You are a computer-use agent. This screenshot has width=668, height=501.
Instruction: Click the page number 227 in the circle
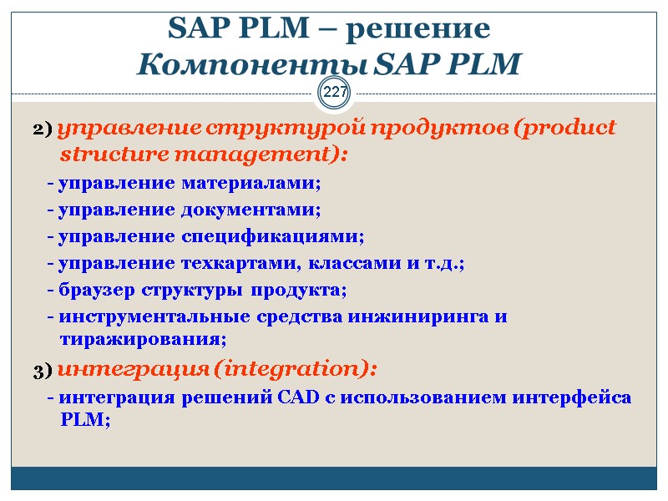tap(335, 93)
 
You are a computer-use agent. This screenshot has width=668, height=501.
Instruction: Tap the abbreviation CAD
tap(291, 397)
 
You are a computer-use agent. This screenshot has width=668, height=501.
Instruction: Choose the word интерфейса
tap(581, 397)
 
